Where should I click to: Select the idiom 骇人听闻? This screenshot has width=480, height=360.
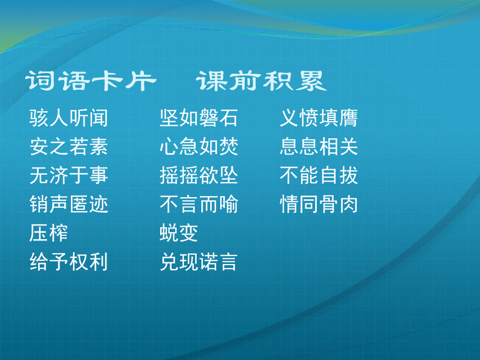(x=69, y=118)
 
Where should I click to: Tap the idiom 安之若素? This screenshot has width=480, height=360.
(x=69, y=147)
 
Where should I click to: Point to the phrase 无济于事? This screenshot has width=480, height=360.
(x=69, y=176)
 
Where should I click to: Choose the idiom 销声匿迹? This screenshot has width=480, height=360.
(x=69, y=205)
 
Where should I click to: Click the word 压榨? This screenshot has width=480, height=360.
(x=49, y=233)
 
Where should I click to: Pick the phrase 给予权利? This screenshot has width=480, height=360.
(x=69, y=262)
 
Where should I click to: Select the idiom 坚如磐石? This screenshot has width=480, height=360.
(x=199, y=118)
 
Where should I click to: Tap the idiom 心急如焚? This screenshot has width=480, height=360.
(x=199, y=147)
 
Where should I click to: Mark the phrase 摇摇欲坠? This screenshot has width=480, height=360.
(x=199, y=176)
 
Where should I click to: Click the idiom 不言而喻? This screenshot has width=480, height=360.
(x=199, y=205)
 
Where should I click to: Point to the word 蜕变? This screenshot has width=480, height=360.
(x=179, y=233)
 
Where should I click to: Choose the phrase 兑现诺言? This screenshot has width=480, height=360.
(x=199, y=262)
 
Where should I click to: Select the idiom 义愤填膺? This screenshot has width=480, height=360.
(x=319, y=118)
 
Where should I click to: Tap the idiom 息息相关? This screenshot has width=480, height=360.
(x=319, y=147)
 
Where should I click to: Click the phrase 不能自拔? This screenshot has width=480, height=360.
(x=319, y=176)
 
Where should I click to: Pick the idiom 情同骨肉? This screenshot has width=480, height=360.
(x=319, y=205)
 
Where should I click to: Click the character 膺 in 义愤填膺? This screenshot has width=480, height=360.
(x=349, y=118)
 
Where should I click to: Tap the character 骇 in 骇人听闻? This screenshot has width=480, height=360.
(x=40, y=118)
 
